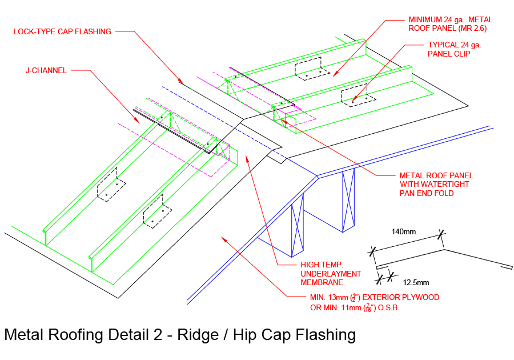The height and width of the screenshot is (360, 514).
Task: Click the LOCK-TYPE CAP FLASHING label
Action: [62, 32]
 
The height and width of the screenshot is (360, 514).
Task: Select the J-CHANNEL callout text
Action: [46, 71]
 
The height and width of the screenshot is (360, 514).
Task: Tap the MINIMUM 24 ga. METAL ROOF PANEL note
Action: [450, 23]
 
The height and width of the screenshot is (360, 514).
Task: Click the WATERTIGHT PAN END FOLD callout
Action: [436, 185]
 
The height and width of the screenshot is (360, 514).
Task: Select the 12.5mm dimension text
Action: [416, 282]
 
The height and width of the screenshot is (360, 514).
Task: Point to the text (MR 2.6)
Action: [471, 28]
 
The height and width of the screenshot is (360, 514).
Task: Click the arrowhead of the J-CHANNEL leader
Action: [138, 122]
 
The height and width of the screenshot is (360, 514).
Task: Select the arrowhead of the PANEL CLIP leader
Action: [354, 101]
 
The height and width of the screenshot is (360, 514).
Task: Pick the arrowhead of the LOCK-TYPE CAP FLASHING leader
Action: [182, 83]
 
